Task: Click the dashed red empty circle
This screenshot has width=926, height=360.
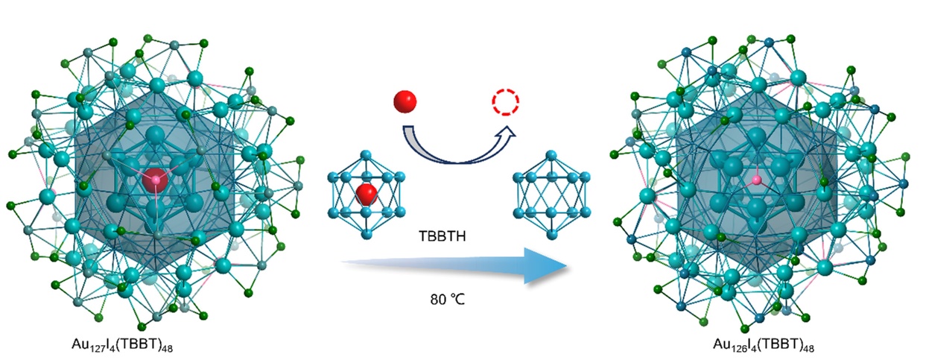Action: point(504,101)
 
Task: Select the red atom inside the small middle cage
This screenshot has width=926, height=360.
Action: point(367,195)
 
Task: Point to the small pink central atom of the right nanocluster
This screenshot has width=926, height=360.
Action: point(757,180)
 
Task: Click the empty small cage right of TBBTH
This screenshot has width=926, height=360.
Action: point(551,193)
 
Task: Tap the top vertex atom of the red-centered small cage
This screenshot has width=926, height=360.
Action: point(366,154)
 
